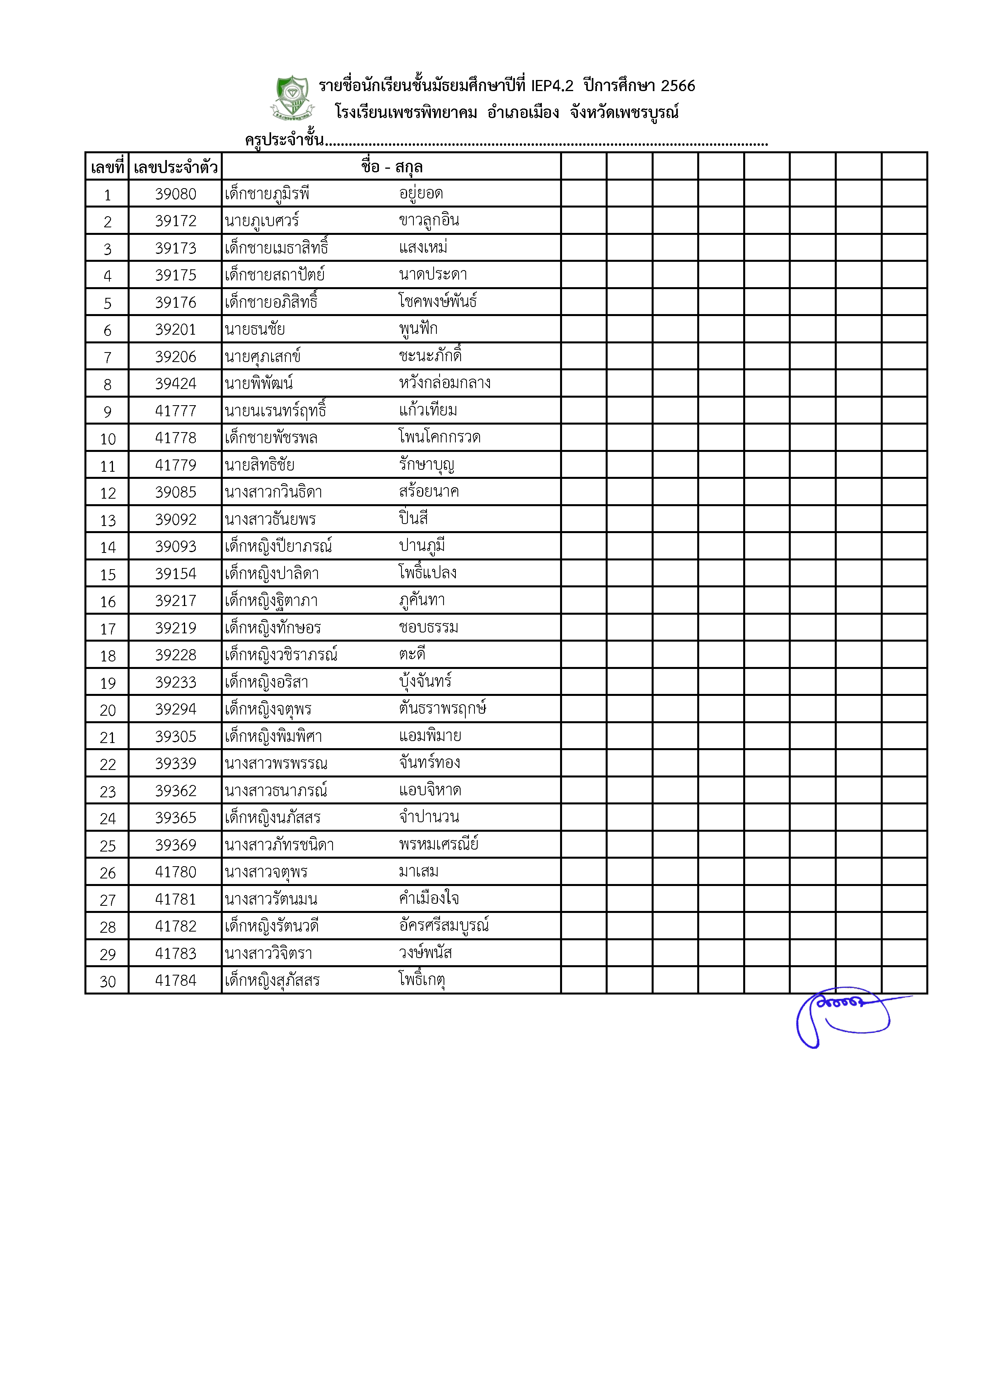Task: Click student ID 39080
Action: point(176,194)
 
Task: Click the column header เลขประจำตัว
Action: point(176,167)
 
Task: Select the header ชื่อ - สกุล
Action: point(392,167)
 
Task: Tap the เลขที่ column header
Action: point(107,167)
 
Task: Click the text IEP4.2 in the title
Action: point(552,86)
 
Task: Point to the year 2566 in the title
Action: point(678,86)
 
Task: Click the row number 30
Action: point(108,981)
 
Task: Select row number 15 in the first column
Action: point(108,575)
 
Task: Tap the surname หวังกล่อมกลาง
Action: point(445,383)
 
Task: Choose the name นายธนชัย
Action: point(255,330)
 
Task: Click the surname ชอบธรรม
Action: point(428,628)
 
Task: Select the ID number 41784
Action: point(176,981)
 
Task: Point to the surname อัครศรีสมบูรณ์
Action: point(444,926)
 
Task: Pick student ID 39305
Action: point(176,737)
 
